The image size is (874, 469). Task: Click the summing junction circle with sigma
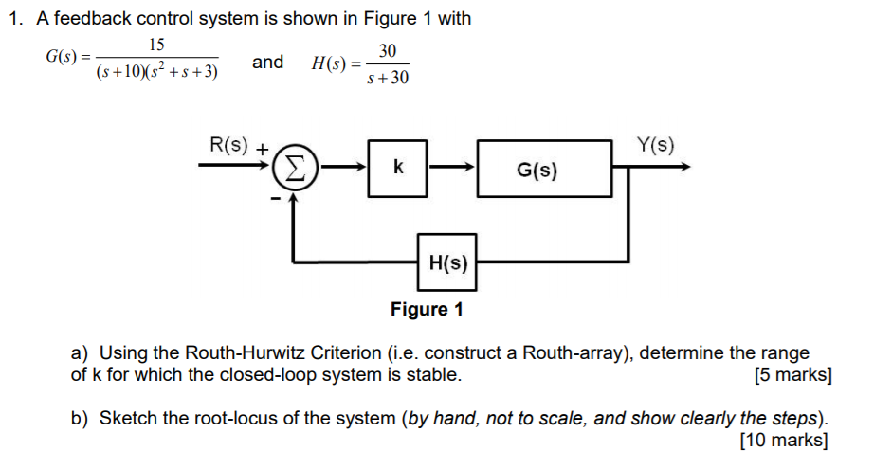[294, 170]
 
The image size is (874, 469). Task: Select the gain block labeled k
[398, 169]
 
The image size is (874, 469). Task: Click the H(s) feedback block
[447, 261]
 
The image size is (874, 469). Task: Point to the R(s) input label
[228, 145]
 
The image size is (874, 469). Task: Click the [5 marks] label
[792, 375]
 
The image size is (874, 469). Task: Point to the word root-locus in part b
[234, 418]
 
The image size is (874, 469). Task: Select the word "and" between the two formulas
[267, 63]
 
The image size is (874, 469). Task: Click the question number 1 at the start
[13, 19]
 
